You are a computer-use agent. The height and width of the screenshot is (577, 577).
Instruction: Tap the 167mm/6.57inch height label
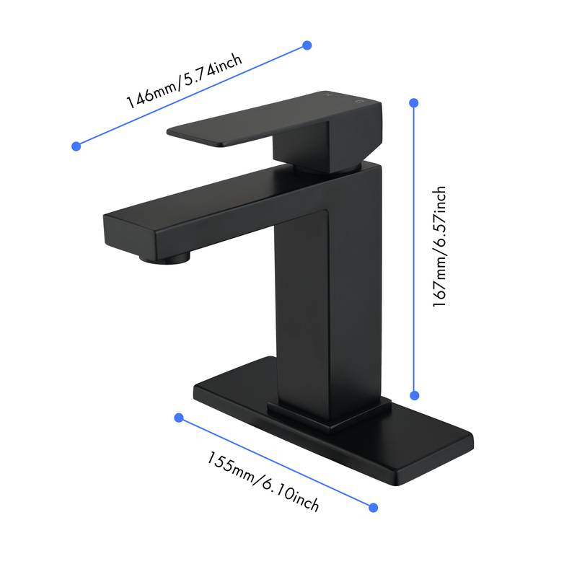[439, 247]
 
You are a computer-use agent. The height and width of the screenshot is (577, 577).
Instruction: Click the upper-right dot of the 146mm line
[307, 45]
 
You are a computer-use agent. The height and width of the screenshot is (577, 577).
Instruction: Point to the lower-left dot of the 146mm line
[76, 146]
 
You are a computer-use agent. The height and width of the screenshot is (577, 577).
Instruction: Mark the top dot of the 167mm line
[414, 103]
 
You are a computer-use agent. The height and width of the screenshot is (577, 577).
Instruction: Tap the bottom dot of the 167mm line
[415, 395]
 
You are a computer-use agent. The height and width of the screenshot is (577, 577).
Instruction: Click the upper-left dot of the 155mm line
[179, 418]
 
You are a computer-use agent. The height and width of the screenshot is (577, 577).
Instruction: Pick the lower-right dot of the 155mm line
[374, 508]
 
